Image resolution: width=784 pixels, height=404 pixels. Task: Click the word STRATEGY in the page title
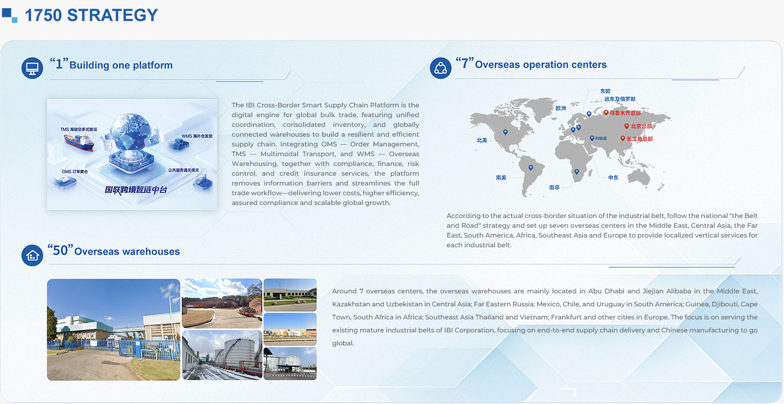tap(112, 15)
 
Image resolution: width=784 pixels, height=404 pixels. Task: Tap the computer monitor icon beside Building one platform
tap(32, 68)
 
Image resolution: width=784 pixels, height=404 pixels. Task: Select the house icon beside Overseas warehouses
tap(32, 255)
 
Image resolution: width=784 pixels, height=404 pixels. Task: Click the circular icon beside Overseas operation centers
tap(441, 68)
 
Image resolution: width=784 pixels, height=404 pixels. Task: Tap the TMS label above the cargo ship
tap(78, 130)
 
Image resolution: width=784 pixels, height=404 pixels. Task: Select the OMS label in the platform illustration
tap(75, 172)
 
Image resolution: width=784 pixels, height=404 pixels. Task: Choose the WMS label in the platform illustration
tap(197, 136)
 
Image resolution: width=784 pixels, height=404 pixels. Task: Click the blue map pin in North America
tap(506, 132)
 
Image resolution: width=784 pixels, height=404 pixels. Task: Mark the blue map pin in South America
tap(531, 168)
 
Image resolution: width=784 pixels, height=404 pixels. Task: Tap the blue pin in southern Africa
tap(576, 172)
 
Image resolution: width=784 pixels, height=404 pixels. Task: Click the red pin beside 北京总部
tap(627, 126)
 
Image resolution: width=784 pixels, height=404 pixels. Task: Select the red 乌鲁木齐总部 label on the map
tap(625, 113)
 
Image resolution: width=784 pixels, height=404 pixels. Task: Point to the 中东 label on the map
tap(613, 178)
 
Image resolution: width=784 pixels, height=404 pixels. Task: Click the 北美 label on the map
tap(482, 140)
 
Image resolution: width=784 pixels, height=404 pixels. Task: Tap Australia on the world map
tap(639, 177)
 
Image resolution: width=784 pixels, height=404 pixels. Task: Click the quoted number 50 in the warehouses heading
tap(60, 251)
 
